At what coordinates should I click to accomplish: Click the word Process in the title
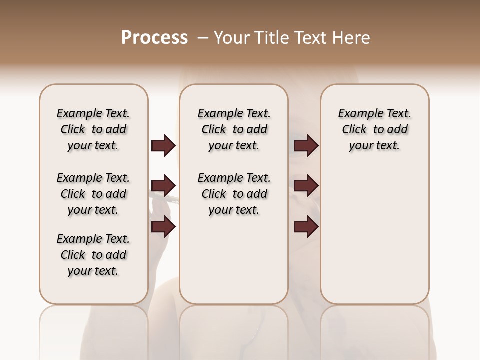click(x=154, y=38)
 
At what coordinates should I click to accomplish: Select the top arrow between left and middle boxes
click(x=163, y=145)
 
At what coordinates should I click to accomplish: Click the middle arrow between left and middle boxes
click(x=163, y=186)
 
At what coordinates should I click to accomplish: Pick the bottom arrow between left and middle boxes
click(x=163, y=227)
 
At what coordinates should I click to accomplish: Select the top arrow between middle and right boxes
click(x=306, y=145)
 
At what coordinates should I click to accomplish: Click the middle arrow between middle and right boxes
click(x=306, y=186)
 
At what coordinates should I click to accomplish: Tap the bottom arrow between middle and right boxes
click(x=306, y=227)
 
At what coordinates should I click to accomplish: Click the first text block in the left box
click(x=93, y=129)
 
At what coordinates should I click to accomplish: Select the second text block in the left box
click(x=93, y=194)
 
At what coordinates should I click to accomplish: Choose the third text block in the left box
click(x=93, y=255)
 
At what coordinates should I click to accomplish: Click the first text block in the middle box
click(x=234, y=129)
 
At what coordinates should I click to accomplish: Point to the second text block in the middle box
click(x=234, y=194)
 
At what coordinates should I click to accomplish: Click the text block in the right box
click(x=374, y=129)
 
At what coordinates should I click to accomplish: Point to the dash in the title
click(x=203, y=38)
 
